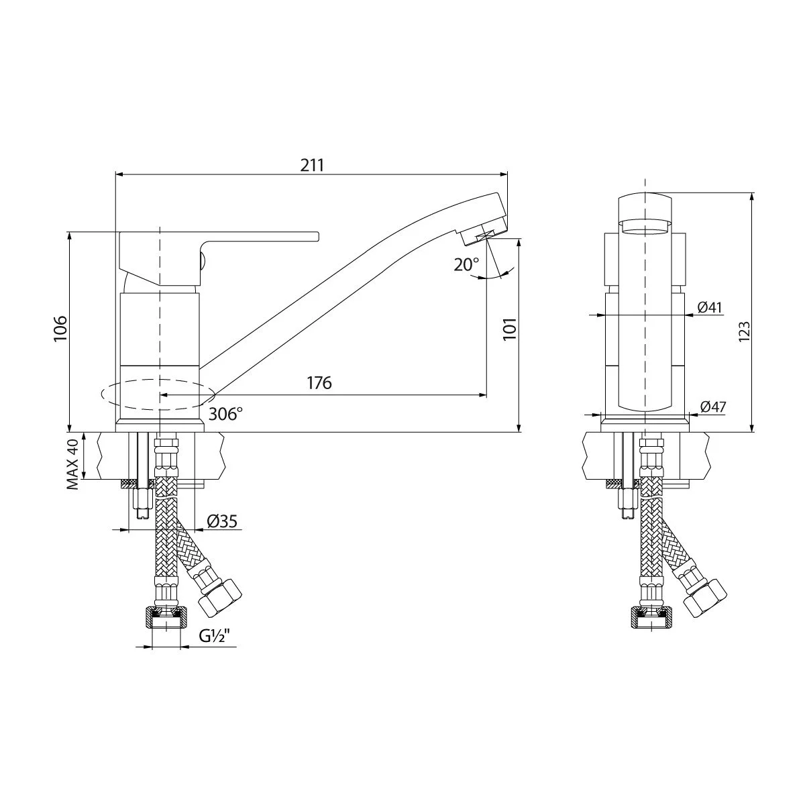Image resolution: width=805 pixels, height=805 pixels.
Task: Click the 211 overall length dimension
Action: tap(312, 166)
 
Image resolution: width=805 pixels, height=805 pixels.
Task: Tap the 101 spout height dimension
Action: tap(510, 329)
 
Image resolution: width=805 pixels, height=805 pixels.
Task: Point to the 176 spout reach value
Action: tap(319, 382)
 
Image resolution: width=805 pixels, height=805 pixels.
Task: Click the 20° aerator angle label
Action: tap(467, 264)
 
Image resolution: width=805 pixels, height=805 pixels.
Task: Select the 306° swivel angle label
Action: tap(225, 414)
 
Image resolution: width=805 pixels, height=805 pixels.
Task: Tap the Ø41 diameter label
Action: tap(710, 307)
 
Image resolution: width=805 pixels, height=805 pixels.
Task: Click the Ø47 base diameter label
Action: tap(713, 407)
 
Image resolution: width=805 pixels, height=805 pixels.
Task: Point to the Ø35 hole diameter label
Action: tap(222, 521)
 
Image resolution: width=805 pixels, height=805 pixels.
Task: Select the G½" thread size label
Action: tap(215, 636)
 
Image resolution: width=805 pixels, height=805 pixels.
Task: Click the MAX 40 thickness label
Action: tap(72, 464)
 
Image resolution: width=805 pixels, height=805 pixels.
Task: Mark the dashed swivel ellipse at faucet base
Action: tap(158, 394)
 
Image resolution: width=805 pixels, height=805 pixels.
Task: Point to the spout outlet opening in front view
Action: tap(645, 228)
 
